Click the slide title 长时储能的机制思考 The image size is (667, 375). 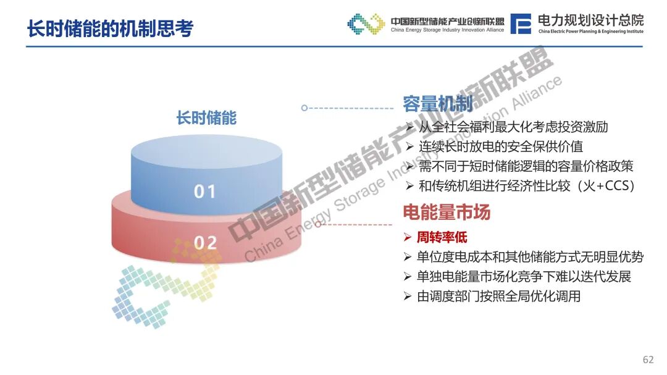point(111,28)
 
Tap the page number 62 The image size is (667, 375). point(648,360)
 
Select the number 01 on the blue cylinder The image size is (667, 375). point(205,192)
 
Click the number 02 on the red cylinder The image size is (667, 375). point(206,243)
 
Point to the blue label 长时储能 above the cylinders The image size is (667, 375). point(207,118)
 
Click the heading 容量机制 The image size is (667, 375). point(438,103)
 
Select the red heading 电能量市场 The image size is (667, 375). point(447,211)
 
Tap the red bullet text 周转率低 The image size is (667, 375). point(442,237)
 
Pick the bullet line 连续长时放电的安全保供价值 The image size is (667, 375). point(501,146)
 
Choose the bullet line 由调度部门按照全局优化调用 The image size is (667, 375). point(498,297)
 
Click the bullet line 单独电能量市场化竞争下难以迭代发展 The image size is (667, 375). point(524,277)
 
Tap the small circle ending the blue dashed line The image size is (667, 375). point(304,108)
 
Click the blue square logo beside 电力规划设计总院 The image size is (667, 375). point(521,23)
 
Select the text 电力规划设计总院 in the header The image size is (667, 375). point(591,20)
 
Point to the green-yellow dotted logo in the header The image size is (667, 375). point(366,24)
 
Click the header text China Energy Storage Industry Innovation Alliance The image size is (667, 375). point(448,30)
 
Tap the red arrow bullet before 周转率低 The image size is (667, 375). point(408,237)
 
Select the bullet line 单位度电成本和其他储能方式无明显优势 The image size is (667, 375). point(530,257)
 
